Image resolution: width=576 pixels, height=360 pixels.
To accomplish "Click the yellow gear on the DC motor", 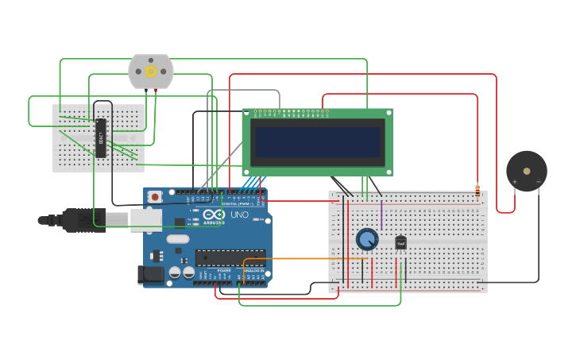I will click(150, 72).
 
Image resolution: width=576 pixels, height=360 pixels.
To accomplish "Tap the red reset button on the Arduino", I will click(155, 196).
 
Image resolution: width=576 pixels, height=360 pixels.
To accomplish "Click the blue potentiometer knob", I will click(367, 239).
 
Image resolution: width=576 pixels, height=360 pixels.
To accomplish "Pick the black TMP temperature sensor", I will click(400, 242).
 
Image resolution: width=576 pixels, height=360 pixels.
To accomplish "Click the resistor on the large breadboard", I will click(477, 191).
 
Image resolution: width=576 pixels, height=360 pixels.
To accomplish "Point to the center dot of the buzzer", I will click(527, 170).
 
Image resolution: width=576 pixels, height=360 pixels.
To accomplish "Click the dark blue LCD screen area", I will click(317, 141).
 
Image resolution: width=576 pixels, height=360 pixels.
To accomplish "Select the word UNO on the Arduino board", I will click(239, 215).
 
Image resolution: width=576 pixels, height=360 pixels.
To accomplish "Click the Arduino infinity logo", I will click(214, 215).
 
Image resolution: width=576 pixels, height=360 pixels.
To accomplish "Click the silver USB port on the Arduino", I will click(146, 219).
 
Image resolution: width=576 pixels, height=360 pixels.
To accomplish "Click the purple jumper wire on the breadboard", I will click(381, 215).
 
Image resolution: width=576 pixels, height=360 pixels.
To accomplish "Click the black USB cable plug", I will click(79, 219).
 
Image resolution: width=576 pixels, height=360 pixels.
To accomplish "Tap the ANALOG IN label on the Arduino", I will click(253, 271).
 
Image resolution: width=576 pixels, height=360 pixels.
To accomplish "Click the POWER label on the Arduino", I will click(224, 271).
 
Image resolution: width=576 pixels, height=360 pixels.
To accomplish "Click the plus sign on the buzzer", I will click(514, 182).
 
